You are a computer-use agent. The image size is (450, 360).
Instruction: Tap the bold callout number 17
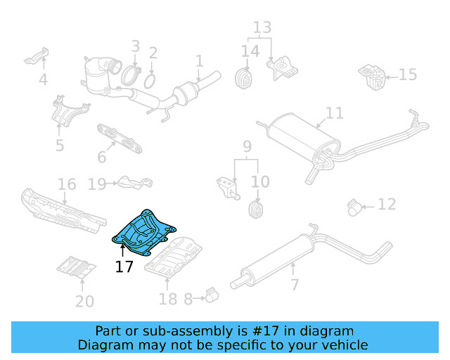[124, 267]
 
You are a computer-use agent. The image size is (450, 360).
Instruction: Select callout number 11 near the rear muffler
[335, 112]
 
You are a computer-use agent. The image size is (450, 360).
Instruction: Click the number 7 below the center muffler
[294, 285]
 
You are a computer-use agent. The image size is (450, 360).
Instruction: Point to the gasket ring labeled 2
[150, 82]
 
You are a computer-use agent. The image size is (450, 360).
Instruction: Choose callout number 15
[408, 75]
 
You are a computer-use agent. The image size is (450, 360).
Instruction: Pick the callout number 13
[262, 27]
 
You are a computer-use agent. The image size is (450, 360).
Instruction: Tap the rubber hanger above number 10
[257, 209]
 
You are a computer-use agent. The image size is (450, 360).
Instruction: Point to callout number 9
[247, 147]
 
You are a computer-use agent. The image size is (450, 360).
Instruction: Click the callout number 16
[67, 185]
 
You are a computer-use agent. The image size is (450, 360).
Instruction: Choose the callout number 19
[97, 184]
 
